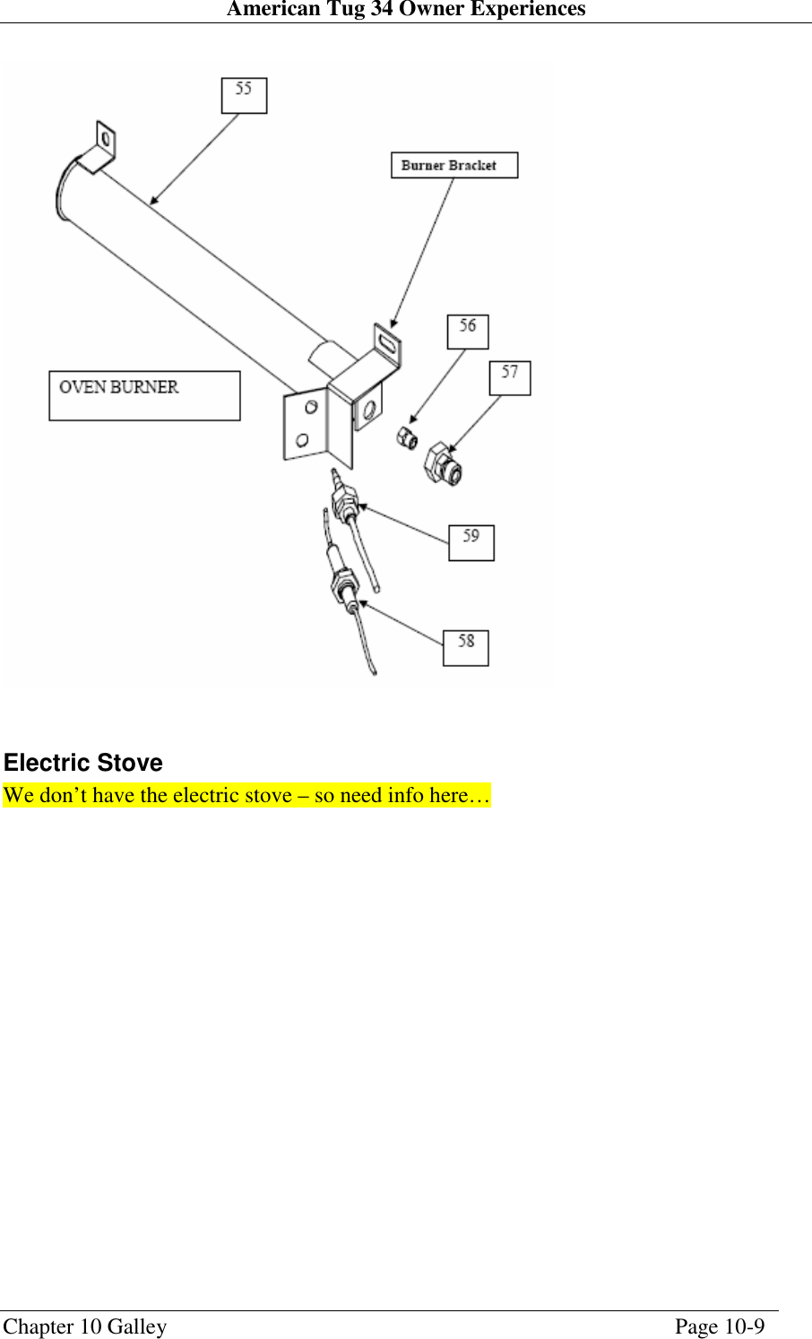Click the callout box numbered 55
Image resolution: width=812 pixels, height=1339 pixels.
pos(244,95)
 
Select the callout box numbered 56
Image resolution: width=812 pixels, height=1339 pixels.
pos(468,332)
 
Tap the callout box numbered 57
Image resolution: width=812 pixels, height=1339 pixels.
pos(509,377)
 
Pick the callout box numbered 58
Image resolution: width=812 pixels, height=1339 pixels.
pos(465,648)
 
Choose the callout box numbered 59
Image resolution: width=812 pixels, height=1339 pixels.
pos(471,542)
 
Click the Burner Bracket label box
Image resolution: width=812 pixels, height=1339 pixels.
pos(454,166)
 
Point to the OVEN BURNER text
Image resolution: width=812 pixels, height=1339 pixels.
pos(119,387)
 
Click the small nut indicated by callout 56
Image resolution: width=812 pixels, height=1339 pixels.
pos(407,438)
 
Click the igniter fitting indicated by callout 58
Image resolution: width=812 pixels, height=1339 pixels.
pos(344,587)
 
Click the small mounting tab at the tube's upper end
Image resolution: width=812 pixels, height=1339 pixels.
pos(105,142)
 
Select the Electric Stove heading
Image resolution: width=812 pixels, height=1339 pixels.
pos(83,763)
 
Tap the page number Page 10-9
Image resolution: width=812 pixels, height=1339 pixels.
pos(719,1326)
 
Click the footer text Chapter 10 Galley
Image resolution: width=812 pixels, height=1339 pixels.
pos(85,1326)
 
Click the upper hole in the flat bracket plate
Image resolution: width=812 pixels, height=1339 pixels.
pos(311,408)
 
